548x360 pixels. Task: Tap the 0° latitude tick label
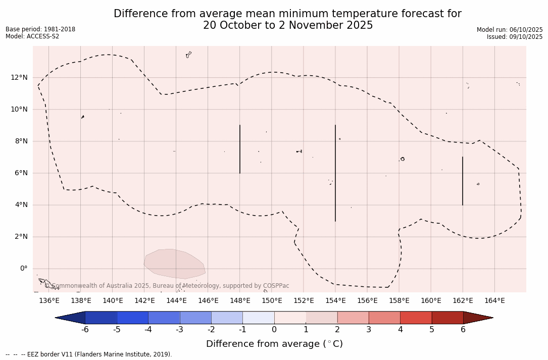(x=24, y=269)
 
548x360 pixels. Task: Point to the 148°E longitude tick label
(x=240, y=300)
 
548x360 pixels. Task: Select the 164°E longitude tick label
(x=494, y=300)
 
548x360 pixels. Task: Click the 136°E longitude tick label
(x=49, y=300)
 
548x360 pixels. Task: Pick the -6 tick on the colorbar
(x=85, y=330)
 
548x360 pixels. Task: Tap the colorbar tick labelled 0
(x=274, y=330)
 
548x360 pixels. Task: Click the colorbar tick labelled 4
(x=400, y=330)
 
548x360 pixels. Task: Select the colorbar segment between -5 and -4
(x=132, y=318)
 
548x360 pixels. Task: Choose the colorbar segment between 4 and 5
(x=416, y=318)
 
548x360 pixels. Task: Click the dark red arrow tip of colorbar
(x=478, y=318)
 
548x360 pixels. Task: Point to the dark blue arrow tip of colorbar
(x=71, y=318)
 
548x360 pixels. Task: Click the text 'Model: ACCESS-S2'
(x=32, y=36)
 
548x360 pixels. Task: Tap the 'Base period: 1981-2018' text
(x=40, y=29)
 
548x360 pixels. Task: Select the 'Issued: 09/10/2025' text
(x=515, y=37)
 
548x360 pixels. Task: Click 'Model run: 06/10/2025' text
(x=510, y=30)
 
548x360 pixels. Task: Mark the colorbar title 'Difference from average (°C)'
(x=274, y=344)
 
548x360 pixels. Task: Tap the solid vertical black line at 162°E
(x=462, y=181)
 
